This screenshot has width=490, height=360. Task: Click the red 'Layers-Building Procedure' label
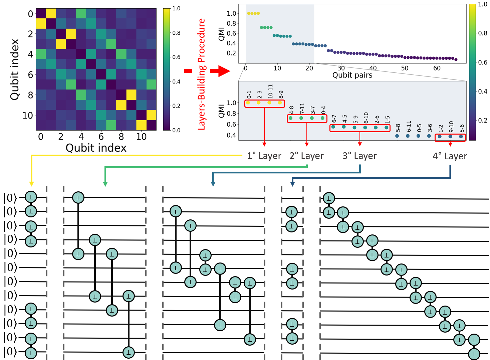coord(201,74)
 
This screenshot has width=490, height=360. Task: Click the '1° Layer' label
coord(264,156)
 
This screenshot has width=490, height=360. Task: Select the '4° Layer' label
coord(450,156)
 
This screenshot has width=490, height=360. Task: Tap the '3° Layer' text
coord(359,156)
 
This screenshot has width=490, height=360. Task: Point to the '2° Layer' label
coord(306,156)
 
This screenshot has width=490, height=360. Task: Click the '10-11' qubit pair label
coord(270,91)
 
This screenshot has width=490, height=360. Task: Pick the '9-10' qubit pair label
coord(451,127)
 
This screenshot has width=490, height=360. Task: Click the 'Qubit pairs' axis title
coord(352,75)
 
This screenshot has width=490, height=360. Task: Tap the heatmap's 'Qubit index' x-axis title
coord(96,148)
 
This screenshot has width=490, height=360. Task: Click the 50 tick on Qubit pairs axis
coord(405,68)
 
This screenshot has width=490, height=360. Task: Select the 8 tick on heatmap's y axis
coord(30,95)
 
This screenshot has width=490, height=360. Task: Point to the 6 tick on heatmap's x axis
coord(101,137)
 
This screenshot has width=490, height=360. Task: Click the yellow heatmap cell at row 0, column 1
coord(51,14)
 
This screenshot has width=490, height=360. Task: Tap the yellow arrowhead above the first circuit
coord(31,183)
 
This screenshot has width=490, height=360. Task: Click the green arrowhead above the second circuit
coord(105,183)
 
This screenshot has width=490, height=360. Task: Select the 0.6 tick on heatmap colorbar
coord(176,57)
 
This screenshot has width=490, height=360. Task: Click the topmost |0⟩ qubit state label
coord(10,198)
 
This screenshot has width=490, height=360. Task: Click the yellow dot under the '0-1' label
coord(248,103)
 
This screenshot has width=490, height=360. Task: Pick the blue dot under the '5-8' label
coord(397,136)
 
